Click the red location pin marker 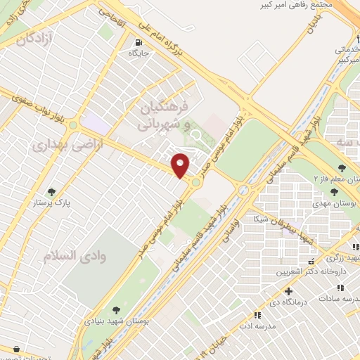point(181,165)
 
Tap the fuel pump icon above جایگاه point(134,41)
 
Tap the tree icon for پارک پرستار point(51,191)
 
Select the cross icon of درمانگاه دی point(288,291)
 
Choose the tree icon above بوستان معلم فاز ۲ point(342,168)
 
